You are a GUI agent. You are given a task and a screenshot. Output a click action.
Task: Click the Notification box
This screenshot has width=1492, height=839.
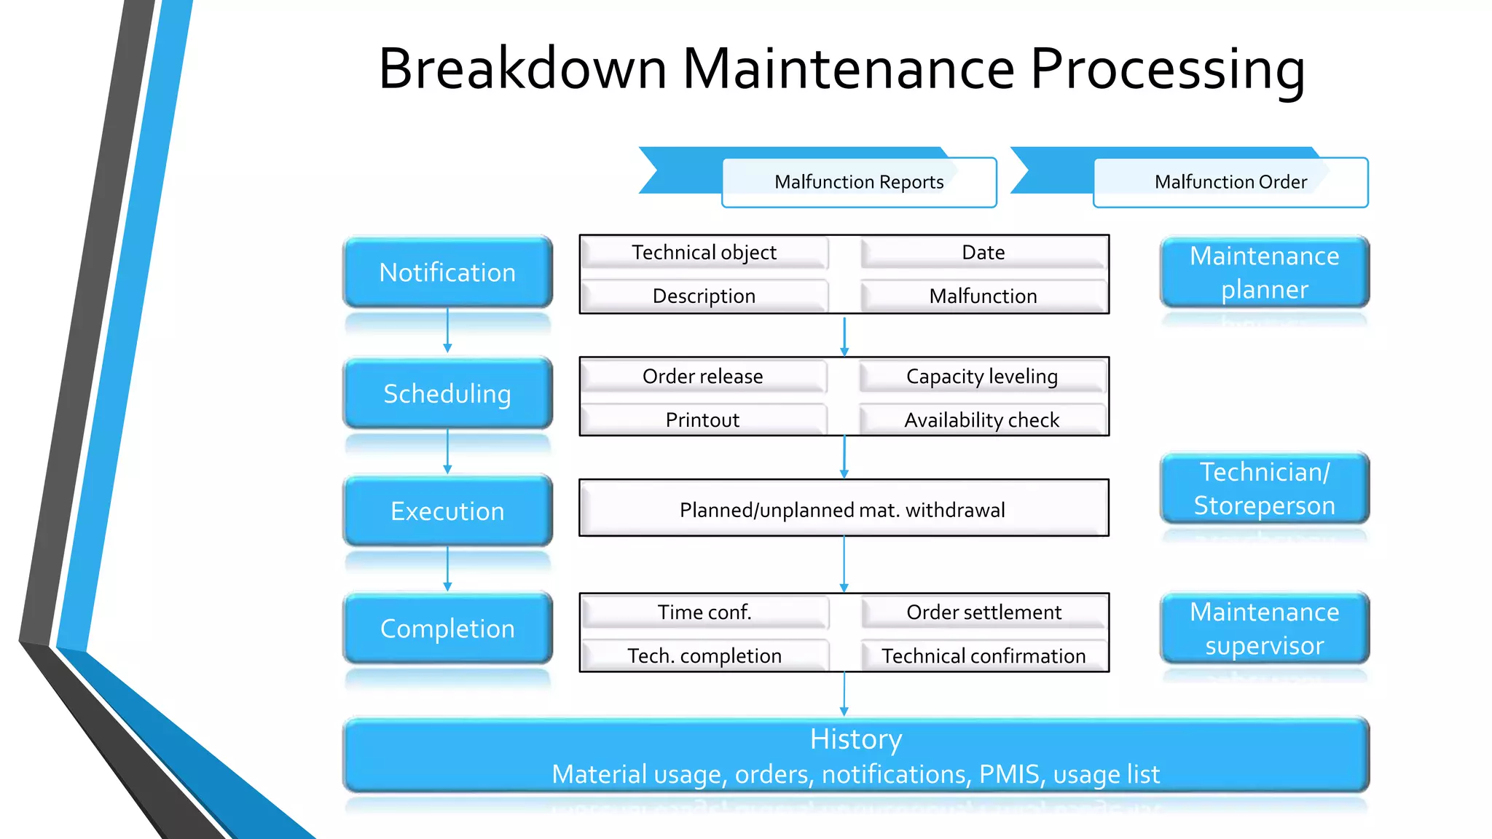(x=447, y=272)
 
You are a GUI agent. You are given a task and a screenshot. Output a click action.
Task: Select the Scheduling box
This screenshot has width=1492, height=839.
(x=447, y=394)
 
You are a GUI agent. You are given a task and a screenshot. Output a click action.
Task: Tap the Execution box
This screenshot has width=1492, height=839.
(x=447, y=511)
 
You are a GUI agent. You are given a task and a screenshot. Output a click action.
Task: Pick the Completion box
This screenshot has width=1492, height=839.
(x=447, y=629)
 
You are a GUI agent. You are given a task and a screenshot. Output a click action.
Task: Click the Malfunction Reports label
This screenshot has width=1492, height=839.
(x=859, y=182)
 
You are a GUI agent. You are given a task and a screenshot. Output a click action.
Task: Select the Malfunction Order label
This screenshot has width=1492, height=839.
(x=1230, y=182)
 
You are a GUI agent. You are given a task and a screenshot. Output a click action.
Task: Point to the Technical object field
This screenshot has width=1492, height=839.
(x=704, y=253)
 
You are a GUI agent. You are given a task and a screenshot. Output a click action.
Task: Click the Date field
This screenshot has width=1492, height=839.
(x=983, y=253)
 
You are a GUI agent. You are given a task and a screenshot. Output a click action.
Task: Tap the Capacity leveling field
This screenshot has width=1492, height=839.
(x=982, y=377)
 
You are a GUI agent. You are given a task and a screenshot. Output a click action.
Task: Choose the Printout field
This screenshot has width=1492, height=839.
(x=702, y=420)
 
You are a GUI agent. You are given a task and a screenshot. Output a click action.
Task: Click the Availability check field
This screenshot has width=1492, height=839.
(x=982, y=420)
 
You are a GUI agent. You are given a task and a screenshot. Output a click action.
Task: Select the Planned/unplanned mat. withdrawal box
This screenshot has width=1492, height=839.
(x=843, y=510)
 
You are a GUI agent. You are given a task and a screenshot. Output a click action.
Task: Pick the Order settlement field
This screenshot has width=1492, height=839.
(x=983, y=612)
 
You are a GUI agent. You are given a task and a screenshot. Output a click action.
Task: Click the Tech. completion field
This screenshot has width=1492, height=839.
(x=704, y=656)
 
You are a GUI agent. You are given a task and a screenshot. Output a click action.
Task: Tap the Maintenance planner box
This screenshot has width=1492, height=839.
(x=1264, y=272)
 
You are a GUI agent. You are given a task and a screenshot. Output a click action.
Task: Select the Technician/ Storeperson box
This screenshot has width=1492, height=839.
(x=1264, y=489)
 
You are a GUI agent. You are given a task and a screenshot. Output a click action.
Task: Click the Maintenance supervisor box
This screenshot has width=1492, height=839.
(x=1264, y=629)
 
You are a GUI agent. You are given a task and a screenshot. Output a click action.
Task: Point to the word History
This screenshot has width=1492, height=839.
(x=856, y=739)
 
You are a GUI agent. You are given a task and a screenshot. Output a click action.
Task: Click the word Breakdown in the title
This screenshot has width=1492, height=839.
(x=522, y=69)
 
